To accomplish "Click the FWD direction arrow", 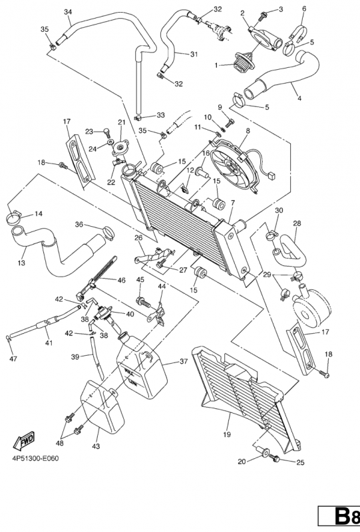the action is [24, 442].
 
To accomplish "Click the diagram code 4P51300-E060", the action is [36, 459].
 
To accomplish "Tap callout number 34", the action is [68, 12].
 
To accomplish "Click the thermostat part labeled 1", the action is [242, 62].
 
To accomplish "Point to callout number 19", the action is [227, 434].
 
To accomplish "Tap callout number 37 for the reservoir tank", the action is [184, 362].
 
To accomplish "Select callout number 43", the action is [96, 446].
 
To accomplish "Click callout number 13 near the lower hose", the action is [21, 263].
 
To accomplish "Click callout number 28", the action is [297, 224].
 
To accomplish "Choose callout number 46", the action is [121, 280].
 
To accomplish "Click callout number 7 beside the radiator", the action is [233, 203].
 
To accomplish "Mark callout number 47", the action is [13, 358].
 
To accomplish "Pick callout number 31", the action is [194, 54].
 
